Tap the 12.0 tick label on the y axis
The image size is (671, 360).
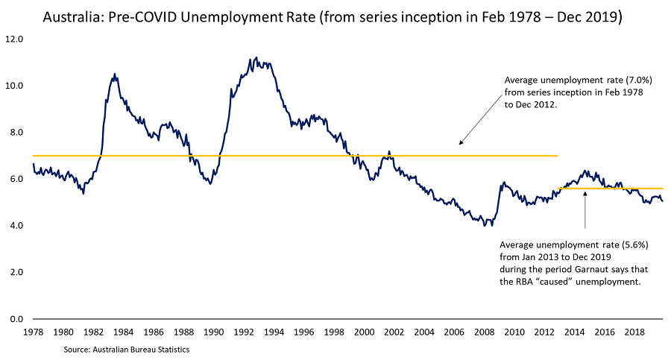tap(14, 39)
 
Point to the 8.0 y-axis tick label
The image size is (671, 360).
tap(14, 132)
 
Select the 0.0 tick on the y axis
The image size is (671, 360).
tap(14, 319)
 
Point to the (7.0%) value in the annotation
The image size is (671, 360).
tap(640, 80)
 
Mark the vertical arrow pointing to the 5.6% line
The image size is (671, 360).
tap(585, 210)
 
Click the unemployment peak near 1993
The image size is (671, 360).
tap(256, 57)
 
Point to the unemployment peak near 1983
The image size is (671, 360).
tap(114, 74)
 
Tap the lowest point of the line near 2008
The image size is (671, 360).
tap(485, 225)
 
